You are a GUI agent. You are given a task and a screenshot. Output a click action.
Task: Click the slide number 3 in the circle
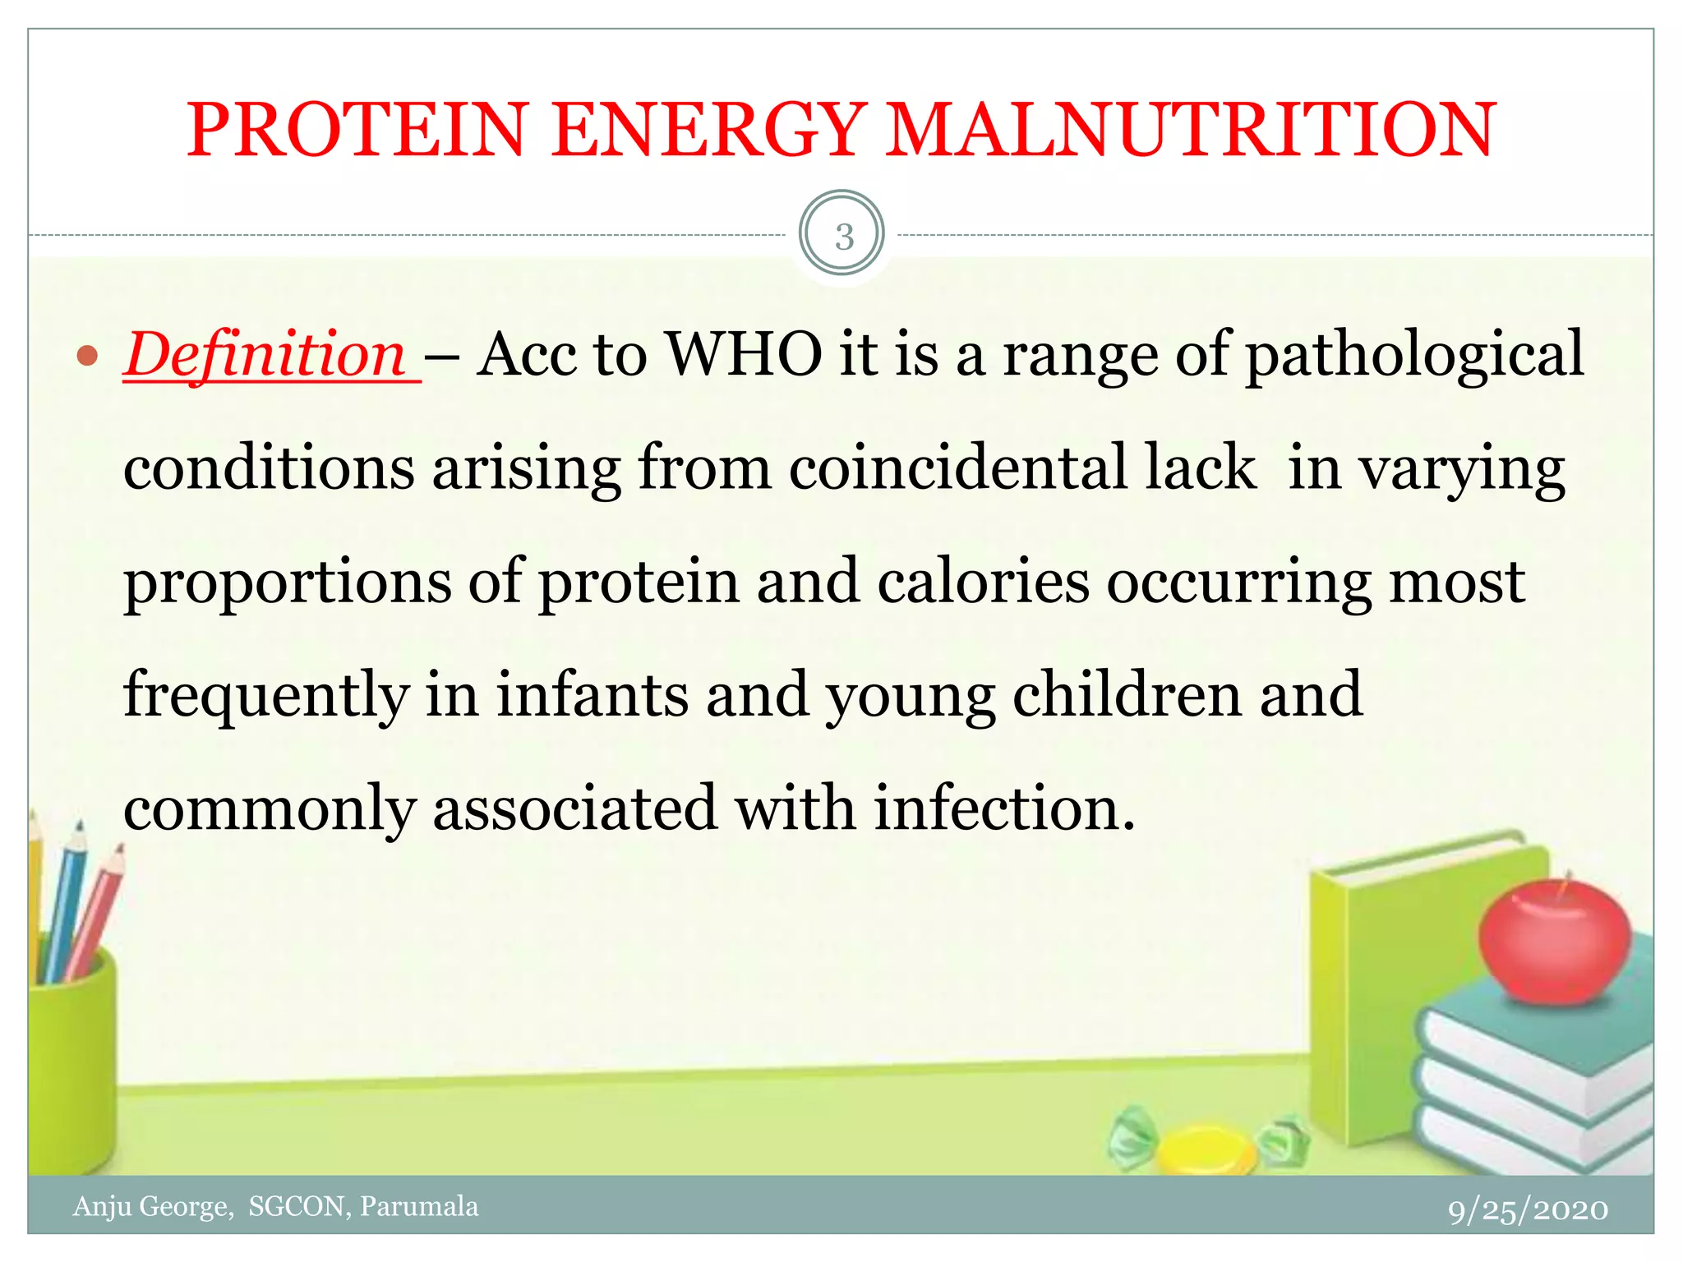pyautogui.click(x=843, y=237)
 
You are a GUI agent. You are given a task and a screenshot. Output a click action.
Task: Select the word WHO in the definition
pyautogui.click(x=745, y=355)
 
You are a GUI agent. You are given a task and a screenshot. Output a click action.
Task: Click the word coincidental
pyautogui.click(x=958, y=468)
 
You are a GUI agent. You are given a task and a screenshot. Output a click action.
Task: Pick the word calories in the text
pyautogui.click(x=983, y=582)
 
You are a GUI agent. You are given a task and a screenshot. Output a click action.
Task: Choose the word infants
pyautogui.click(x=592, y=695)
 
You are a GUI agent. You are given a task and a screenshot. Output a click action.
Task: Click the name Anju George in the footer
pyautogui.click(x=153, y=1206)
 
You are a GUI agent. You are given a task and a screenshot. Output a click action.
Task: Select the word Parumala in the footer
pyautogui.click(x=419, y=1206)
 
